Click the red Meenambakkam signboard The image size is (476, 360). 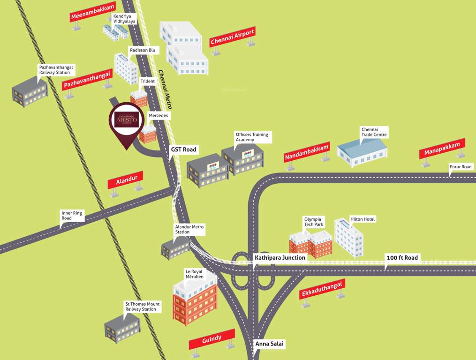pyautogui.click(x=92, y=11)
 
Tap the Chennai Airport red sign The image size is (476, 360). pyautogui.click(x=232, y=37)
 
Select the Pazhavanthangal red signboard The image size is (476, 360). pyautogui.click(x=88, y=79)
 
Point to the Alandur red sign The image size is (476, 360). pyautogui.click(x=125, y=180)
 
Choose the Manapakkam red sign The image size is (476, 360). pyautogui.click(x=442, y=148)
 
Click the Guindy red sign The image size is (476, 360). pyautogui.click(x=212, y=339)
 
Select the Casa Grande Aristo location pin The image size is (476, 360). pyautogui.click(x=126, y=121)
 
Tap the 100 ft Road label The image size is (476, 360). pyautogui.click(x=402, y=258)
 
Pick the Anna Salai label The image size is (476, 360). pyautogui.click(x=269, y=344)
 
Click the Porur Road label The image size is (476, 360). pyautogui.click(x=460, y=167)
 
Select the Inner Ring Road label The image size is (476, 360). pyautogui.click(x=72, y=216)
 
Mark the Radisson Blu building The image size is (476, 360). pyautogui.click(x=126, y=69)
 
